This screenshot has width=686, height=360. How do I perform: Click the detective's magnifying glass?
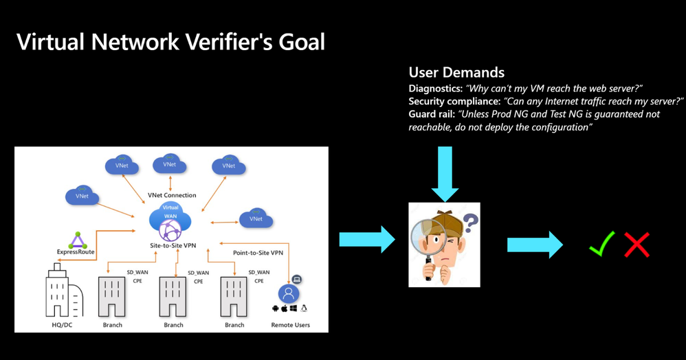(x=427, y=237)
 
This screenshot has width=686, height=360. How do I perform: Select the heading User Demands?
(x=456, y=73)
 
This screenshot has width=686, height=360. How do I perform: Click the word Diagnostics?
(x=435, y=88)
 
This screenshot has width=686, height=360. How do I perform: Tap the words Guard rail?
(x=430, y=114)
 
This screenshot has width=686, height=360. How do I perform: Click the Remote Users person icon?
(x=289, y=294)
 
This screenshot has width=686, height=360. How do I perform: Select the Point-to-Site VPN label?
(x=257, y=254)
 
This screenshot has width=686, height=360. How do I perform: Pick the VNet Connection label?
(x=171, y=195)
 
